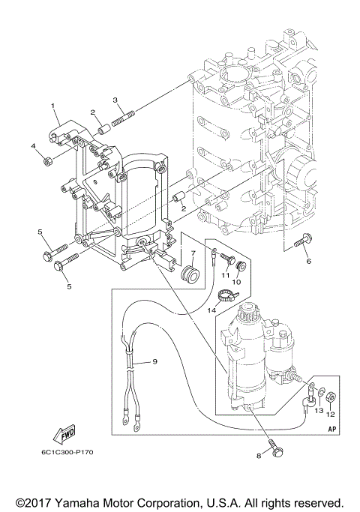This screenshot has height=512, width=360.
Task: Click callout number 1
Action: (x=53, y=106)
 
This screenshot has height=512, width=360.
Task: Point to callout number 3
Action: (x=115, y=100)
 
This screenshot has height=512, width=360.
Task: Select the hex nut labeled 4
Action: (x=46, y=160)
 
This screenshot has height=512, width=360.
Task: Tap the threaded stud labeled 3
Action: (x=123, y=118)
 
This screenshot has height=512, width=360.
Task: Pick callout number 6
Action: (x=307, y=262)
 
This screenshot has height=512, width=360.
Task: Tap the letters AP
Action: (x=331, y=429)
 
